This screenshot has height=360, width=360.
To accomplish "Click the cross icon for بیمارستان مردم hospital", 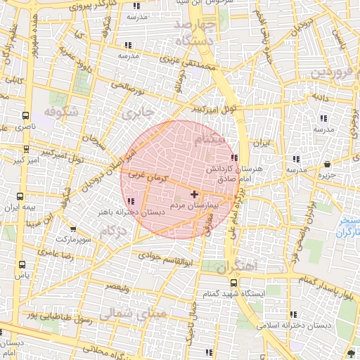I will point(194,193).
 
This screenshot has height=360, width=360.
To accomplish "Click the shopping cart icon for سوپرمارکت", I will point(73,229).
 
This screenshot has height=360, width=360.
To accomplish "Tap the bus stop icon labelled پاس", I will point(22,265).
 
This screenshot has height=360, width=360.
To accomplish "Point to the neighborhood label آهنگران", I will point(238,268).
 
